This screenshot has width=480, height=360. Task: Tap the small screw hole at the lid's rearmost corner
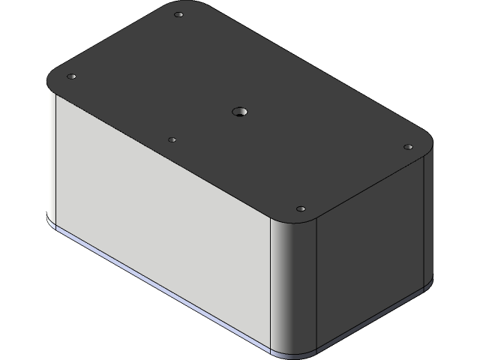tap(178, 15)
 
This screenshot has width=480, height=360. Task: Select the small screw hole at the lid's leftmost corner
tap(72, 77)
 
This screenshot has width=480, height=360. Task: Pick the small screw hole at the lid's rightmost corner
tap(408, 147)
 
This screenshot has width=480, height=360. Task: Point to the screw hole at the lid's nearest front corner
tap(301, 208)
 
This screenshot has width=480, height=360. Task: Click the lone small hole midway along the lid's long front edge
tap(172, 139)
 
